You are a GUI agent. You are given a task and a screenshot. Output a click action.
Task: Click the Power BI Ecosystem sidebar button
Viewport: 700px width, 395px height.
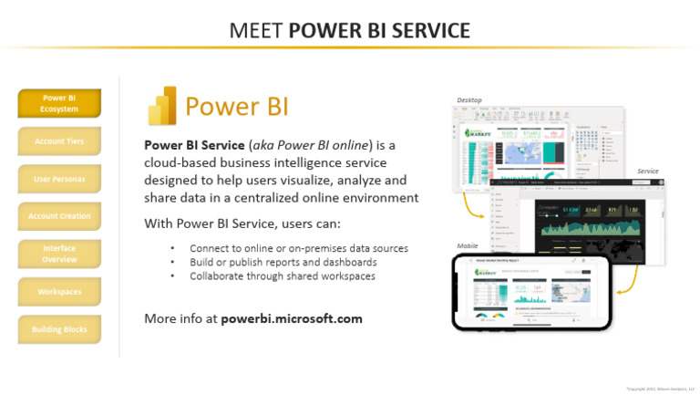pos(59,103)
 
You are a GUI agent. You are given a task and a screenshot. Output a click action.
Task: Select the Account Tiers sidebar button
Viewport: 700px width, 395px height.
pos(59,141)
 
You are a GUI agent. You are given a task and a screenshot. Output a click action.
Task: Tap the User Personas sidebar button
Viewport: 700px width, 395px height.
pos(59,179)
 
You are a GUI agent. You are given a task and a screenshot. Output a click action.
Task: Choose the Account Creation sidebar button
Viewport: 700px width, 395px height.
pos(59,216)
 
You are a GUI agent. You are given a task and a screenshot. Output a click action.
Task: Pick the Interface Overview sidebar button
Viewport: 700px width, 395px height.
pos(59,254)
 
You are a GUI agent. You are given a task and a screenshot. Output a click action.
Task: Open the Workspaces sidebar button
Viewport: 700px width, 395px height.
pos(59,291)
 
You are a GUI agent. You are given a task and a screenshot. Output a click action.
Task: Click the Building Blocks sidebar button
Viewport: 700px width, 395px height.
pos(59,328)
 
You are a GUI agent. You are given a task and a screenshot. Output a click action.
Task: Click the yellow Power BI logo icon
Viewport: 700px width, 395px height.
pos(162,106)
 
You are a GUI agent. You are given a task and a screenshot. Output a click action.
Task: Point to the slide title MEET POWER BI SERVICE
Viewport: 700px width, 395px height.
pos(350,30)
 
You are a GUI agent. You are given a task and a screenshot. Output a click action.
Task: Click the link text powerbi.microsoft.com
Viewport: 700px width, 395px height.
pos(292,318)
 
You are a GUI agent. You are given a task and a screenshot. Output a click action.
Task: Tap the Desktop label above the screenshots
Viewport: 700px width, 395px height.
pos(469,99)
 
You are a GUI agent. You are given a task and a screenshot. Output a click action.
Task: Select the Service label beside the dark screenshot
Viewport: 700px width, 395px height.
pos(647,171)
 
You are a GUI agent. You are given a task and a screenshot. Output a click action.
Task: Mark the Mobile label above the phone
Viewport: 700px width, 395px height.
pos(467,246)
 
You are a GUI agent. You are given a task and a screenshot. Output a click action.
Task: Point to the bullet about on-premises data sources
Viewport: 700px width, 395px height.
pos(298,248)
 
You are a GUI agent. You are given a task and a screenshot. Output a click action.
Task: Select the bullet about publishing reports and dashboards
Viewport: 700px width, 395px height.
pos(283,262)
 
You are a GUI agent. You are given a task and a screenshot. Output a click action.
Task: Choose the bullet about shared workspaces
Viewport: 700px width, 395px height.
pos(282,275)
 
